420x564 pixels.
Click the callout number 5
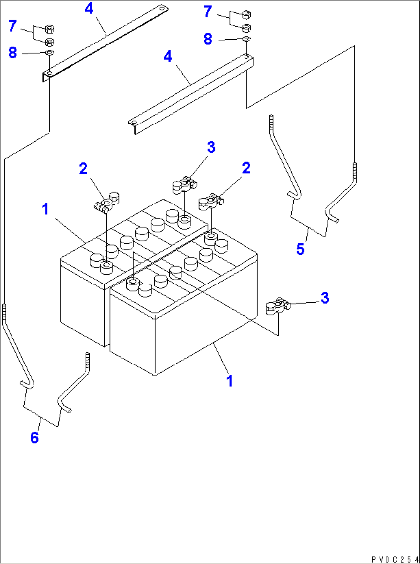300,249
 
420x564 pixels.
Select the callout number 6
35,438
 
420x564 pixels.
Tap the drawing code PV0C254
395,559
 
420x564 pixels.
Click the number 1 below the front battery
230,381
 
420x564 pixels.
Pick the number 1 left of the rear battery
45,209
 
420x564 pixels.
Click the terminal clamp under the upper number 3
184,184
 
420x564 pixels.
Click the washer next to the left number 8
50,52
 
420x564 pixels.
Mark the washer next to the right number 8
247,39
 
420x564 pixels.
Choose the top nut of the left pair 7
50,29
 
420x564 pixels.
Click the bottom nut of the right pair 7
247,28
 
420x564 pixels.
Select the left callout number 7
13,26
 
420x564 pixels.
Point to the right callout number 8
208,39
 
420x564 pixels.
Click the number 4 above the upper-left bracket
89,8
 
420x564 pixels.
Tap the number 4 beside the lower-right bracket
168,57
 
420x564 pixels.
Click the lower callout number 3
325,298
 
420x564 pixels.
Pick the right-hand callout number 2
246,168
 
